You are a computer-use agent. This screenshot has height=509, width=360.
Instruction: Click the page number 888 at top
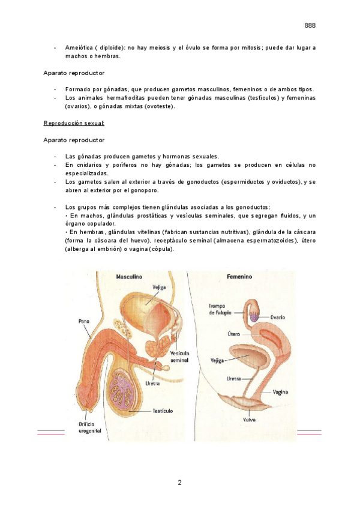point(310,25)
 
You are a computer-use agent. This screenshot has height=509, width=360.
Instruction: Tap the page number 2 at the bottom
point(179,483)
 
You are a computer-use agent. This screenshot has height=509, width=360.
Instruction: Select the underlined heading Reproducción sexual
point(74,123)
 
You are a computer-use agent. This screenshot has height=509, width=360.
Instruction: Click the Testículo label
point(163,411)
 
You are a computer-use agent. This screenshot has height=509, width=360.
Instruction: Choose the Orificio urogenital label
point(90,427)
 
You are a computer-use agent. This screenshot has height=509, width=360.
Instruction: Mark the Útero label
point(233,333)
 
